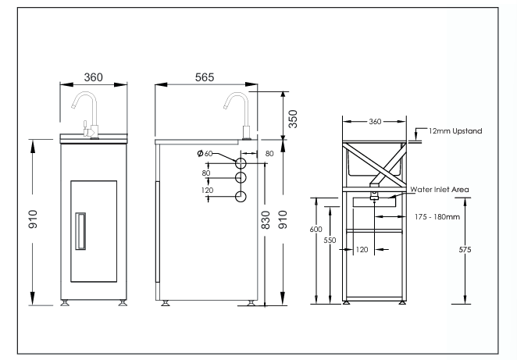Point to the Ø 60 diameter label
coord(205,154)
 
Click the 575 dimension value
coord(465,249)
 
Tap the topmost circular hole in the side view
coord(241,163)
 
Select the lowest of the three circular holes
coord(241,196)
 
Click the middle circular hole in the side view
coord(241,180)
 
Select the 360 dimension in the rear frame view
coord(375,122)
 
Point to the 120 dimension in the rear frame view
coord(362,251)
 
